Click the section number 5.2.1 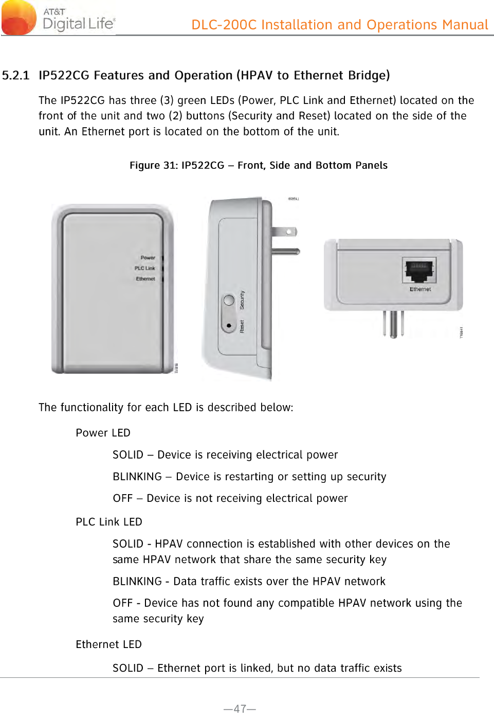pos(15,76)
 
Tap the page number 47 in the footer pos(240,709)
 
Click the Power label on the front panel pos(148,258)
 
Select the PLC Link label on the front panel pos(144,268)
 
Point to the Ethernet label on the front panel pos(145,279)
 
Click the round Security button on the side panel pos(229,300)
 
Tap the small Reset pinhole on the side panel pos(229,325)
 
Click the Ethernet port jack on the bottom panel pos(419,271)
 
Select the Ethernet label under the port pos(420,289)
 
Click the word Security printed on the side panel pos(242,300)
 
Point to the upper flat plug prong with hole pos(285,232)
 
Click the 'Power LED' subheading pos(103,433)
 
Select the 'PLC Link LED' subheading pos(108,522)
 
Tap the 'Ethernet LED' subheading pos(108,644)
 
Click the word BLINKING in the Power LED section pos(137,477)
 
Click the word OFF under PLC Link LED pos(122,603)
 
